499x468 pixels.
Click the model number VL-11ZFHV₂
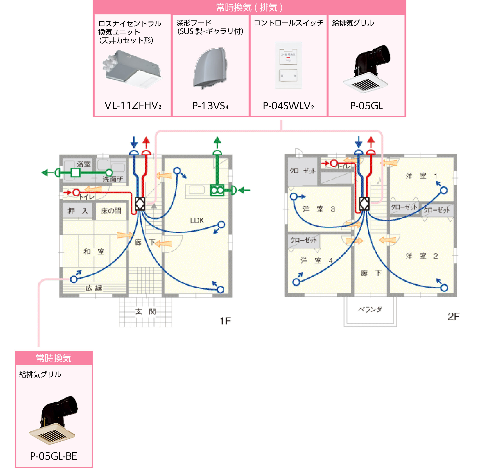(133, 106)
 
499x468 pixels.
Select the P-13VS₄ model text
(210, 106)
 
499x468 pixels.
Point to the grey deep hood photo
(210, 68)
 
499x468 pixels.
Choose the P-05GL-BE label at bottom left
(53, 456)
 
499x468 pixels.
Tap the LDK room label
(197, 221)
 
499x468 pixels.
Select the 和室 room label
(94, 251)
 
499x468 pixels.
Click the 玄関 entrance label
(146, 312)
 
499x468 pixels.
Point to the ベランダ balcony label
(370, 309)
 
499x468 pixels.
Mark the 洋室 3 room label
(319, 209)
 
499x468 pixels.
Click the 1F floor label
(225, 321)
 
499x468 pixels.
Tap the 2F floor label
(453, 317)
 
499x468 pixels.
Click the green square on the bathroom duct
(75, 173)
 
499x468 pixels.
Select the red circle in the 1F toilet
(76, 193)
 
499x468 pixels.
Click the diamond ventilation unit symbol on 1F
(140, 204)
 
